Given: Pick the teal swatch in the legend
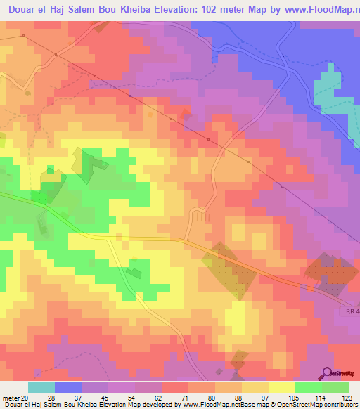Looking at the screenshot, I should pyautogui.click(x=41, y=387).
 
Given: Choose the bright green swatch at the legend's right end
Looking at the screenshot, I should pyautogui.click(x=335, y=387).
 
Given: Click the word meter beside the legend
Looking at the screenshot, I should pyautogui.click(x=10, y=397).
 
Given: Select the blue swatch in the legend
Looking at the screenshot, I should pyautogui.click(x=68, y=387).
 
